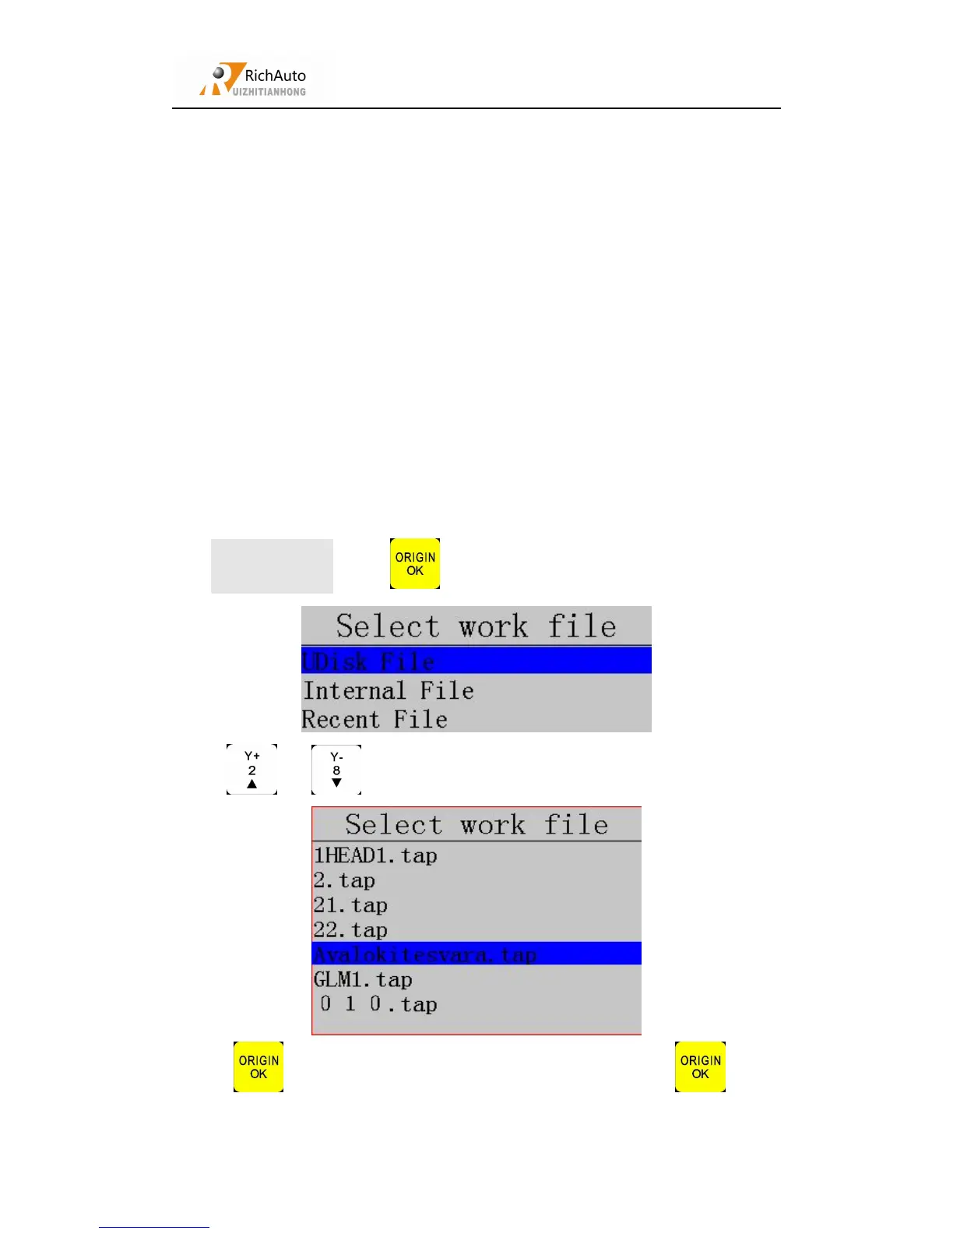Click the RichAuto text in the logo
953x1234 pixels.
tap(275, 76)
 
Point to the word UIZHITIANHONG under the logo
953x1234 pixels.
tap(269, 92)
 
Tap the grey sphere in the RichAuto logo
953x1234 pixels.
tap(220, 73)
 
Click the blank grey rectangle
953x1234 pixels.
tap(272, 566)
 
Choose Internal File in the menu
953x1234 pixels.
tap(388, 690)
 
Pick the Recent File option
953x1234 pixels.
tap(375, 719)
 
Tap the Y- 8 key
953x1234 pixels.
tap(336, 770)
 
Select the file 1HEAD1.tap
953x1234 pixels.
tap(375, 855)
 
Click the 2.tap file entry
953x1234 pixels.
tap(344, 880)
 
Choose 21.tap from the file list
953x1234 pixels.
tap(350, 905)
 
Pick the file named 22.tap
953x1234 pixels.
tap(350, 930)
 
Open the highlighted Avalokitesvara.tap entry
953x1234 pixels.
tap(425, 954)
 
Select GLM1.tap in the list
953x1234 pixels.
tap(363, 979)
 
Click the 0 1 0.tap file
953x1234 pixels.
tap(379, 1004)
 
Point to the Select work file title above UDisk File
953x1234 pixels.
tap(476, 626)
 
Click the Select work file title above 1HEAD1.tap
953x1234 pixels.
tap(476, 824)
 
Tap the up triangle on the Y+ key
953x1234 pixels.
tap(251, 784)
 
